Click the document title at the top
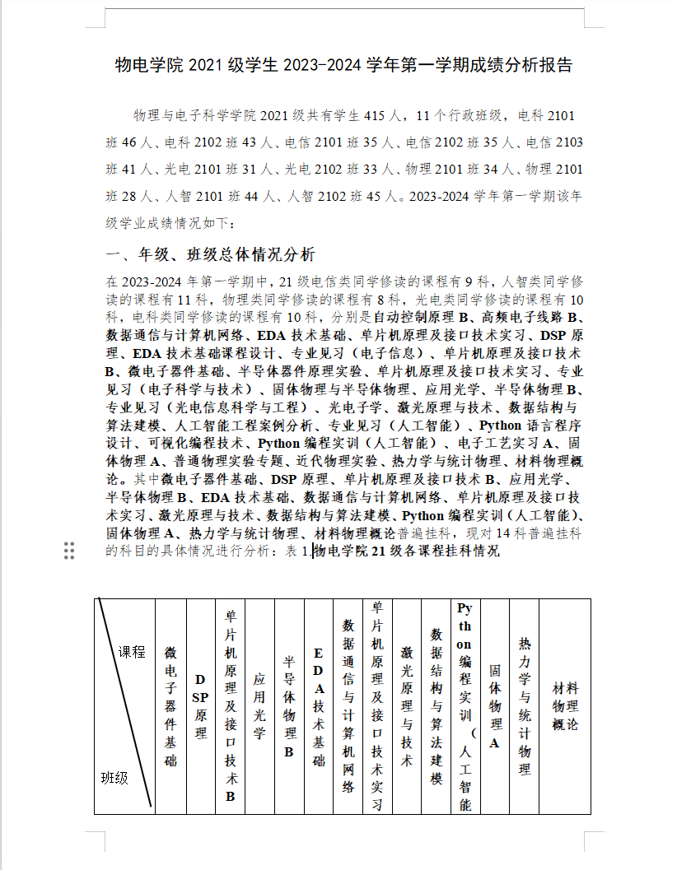tap(343, 65)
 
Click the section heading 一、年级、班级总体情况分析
tap(211, 254)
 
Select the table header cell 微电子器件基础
tap(170, 706)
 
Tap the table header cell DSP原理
tap(200, 706)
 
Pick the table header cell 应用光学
tap(259, 706)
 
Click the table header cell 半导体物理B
tap(289, 706)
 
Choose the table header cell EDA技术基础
tap(318, 706)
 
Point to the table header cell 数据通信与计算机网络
tap(348, 706)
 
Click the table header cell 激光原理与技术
tap(406, 706)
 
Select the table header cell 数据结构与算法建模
tap(437, 706)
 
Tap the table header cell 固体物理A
tap(495, 706)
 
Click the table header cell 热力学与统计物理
tap(525, 706)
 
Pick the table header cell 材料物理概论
tap(565, 706)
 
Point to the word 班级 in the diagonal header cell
tap(114, 777)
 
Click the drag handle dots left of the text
tap(69, 551)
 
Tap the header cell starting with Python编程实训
tap(465, 706)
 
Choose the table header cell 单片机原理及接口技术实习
tap(377, 706)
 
